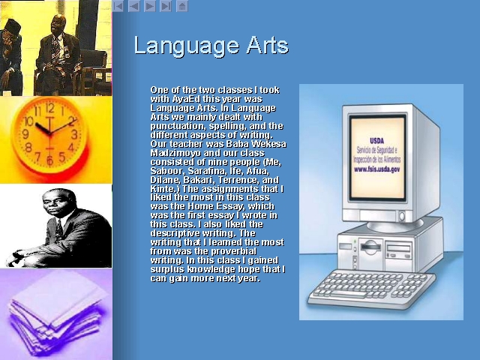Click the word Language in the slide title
pos(186,46)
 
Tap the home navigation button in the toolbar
pos(181,6)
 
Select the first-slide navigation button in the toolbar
pos(118,6)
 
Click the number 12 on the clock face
pos(49,108)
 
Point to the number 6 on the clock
pos(50,160)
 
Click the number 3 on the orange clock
pos(74,134)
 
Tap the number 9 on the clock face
pos(25,133)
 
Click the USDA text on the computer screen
pos(376,141)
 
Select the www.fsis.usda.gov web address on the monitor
pos(376,169)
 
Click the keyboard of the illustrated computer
pos(371,288)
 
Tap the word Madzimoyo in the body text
pos(175,153)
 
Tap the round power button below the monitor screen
pos(402,217)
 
